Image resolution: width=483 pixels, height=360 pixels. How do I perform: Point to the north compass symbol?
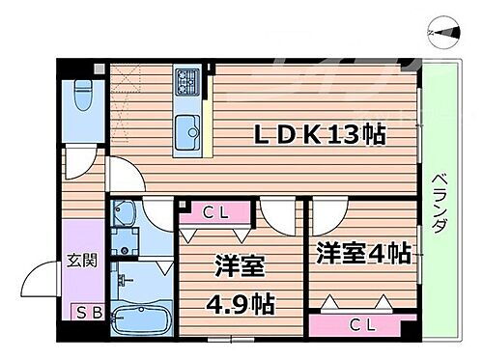click(x=443, y=31)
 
